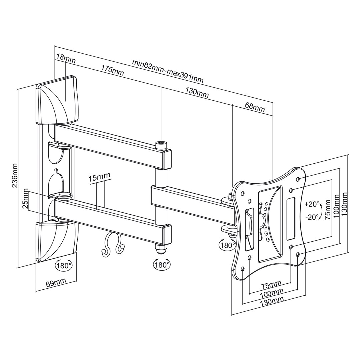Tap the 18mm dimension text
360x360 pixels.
point(66,59)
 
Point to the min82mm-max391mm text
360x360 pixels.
point(168,71)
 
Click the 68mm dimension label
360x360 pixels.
point(255,107)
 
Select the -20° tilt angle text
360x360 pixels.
point(312,217)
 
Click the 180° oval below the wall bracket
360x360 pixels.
point(64,265)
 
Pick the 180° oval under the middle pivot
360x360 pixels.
point(162,265)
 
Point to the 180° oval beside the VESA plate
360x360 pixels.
point(227,245)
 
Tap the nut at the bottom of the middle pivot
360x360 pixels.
point(161,248)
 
